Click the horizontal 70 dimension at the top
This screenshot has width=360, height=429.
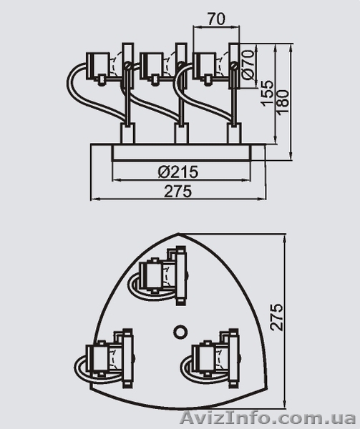coord(216,19)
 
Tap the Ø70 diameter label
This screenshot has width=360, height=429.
coord(248,65)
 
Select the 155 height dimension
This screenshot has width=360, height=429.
coord(267,93)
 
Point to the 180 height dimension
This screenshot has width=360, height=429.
coord(283,102)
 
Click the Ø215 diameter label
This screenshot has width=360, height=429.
coord(178,172)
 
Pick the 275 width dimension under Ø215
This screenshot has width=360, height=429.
coord(178,191)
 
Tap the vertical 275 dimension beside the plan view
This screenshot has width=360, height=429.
coord(276,317)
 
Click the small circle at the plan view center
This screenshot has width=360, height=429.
coord(180,332)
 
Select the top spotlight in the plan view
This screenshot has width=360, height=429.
coord(159,276)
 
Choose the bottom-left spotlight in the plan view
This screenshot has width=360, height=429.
coord(104,358)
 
